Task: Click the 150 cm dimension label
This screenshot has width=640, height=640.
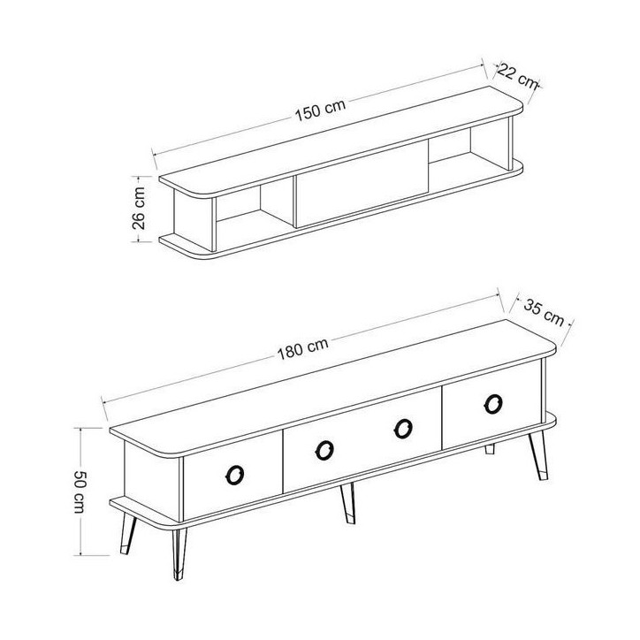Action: (x=320, y=110)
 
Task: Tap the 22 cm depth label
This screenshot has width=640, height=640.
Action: (x=517, y=76)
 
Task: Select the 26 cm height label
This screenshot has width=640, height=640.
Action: (x=139, y=208)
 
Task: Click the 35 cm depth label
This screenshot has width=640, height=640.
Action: (x=544, y=312)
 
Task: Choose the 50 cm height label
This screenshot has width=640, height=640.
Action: (x=79, y=491)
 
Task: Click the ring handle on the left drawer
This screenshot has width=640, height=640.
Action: (x=234, y=475)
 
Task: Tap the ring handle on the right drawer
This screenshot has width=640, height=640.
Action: (x=493, y=404)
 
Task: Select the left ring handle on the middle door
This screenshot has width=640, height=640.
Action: (x=324, y=450)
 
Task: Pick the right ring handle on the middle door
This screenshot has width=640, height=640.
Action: (x=403, y=429)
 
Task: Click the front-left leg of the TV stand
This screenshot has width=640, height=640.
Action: (x=179, y=553)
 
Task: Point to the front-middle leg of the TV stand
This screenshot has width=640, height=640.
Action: (x=348, y=503)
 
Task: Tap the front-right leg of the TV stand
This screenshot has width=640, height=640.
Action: (x=538, y=455)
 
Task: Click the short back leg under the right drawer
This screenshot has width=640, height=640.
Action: (x=490, y=449)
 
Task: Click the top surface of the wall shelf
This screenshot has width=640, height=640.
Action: (x=341, y=141)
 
